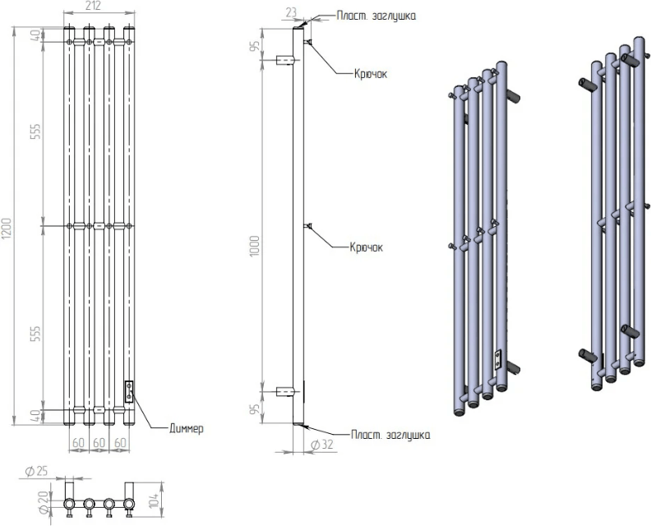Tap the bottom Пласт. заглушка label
(390, 434)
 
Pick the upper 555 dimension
(35, 127)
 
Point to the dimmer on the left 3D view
(496, 359)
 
